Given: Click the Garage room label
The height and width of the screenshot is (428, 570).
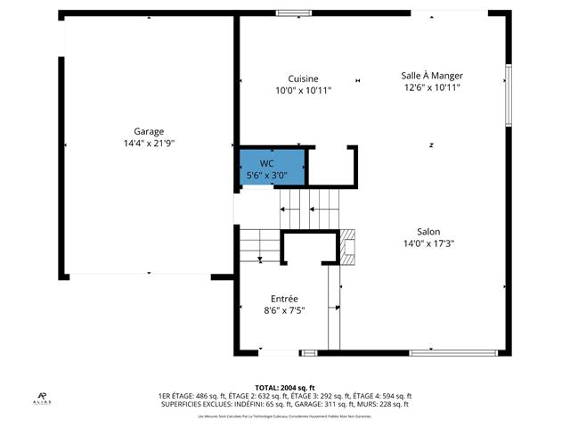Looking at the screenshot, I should tap(149, 131).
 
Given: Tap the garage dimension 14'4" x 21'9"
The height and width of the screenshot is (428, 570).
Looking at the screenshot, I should tap(149, 143).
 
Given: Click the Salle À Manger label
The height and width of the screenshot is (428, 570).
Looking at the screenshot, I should tap(431, 76).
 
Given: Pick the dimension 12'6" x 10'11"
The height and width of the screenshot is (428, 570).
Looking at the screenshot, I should tap(431, 87).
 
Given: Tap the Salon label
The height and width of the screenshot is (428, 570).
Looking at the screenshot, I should tap(428, 232).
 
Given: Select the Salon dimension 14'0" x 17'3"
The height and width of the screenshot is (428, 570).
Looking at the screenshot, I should tap(428, 243).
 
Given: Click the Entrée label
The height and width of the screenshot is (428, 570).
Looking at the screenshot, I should tap(284, 299).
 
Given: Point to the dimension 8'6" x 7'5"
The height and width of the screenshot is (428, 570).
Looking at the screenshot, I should tap(284, 310).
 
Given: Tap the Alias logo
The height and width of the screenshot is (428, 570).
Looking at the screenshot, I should tap(43, 398).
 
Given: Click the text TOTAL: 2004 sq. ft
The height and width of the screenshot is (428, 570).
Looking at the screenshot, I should tap(284, 387).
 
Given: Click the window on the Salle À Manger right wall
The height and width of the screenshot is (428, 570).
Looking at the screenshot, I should tap(509, 95).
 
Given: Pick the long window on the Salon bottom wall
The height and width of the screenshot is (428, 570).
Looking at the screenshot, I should tap(453, 353).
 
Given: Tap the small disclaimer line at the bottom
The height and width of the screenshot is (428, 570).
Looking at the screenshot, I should tap(284, 416).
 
